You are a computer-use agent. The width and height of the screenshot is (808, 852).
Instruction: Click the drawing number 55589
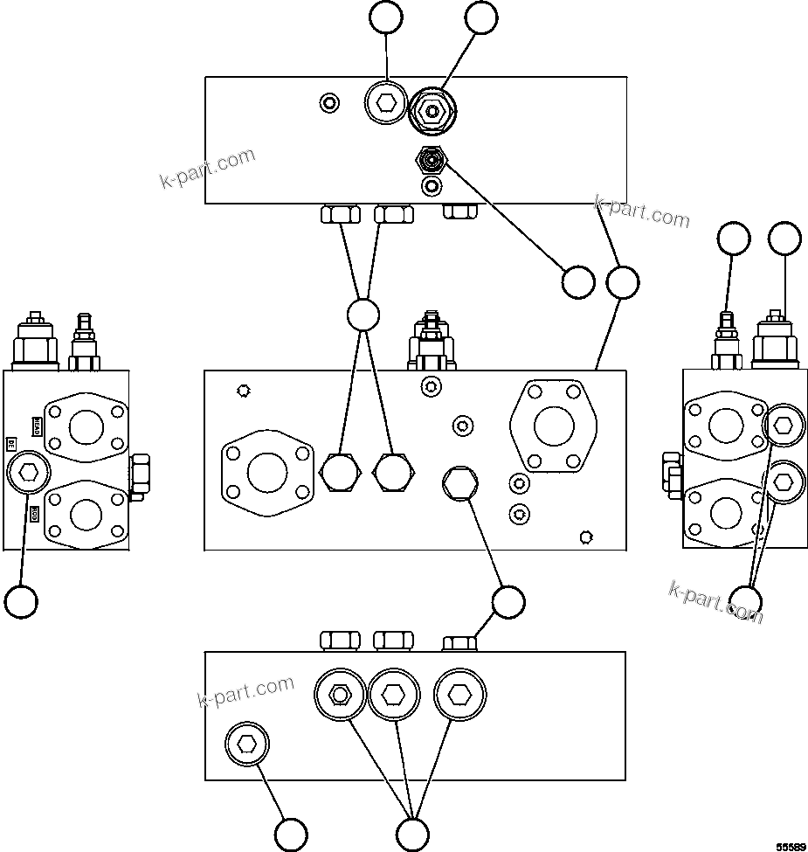coord(791,845)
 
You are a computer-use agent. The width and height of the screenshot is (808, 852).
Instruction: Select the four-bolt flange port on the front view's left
coord(267,473)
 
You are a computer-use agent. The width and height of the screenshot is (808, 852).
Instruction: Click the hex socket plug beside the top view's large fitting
coord(385,104)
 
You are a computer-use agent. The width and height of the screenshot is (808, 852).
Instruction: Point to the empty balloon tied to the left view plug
coord(21,601)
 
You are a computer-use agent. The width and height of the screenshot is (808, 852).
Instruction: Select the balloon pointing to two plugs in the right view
coord(745,601)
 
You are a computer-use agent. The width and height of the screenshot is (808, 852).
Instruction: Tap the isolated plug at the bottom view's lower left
coord(247,745)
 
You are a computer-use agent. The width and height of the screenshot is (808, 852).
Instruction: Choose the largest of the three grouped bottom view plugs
coord(458,694)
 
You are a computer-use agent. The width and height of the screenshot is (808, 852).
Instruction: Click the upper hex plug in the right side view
coord(783,426)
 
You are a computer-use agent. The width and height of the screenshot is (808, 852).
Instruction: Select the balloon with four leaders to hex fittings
coord(363,315)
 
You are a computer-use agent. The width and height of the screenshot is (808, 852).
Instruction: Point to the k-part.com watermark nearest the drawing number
coord(715,603)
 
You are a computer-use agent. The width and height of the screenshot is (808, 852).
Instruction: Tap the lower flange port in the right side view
coord(726,517)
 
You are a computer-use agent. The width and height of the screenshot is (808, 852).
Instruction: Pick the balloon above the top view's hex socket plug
coord(386,17)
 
